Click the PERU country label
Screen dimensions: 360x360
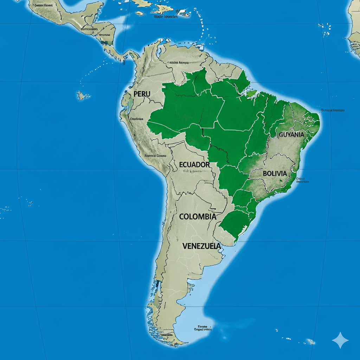(142, 94)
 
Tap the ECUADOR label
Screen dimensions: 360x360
(194, 165)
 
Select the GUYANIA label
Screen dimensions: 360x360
(291, 135)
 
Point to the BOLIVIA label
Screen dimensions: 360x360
(275, 174)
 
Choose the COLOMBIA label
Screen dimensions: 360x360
(198, 217)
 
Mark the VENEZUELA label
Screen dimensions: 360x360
(202, 246)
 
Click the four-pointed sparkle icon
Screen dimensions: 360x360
(340, 340)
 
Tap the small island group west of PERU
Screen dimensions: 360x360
(83, 95)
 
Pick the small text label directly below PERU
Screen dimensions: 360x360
(137, 119)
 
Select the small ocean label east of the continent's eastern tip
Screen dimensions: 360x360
(333, 110)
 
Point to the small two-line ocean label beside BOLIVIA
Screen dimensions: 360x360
(302, 180)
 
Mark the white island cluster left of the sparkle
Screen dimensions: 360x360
(309, 341)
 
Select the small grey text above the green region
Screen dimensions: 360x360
(179, 63)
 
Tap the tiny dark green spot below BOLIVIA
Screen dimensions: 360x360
(281, 181)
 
